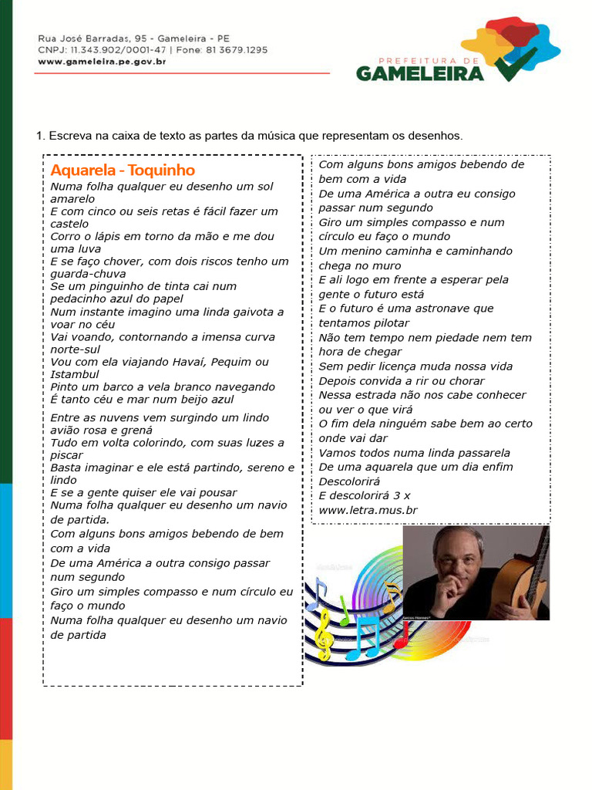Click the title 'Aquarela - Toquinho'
point(123,170)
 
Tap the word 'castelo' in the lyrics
point(69,224)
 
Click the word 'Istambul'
point(75,374)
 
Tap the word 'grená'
point(135,430)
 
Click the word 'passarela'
point(478,453)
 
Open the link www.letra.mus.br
point(368,510)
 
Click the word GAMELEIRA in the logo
point(420,73)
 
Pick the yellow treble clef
point(325,633)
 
